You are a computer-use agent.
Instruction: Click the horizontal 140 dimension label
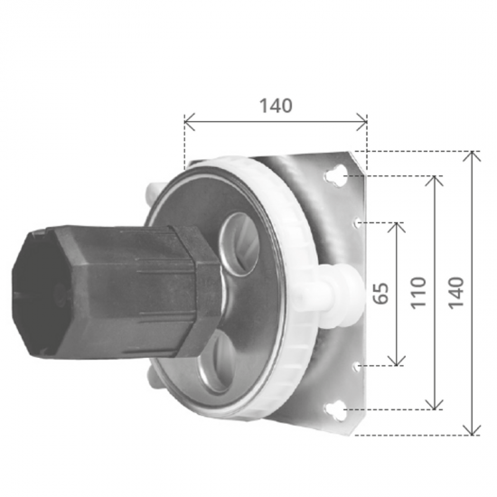pyautogui.click(x=276, y=105)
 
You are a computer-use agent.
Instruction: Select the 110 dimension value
pyautogui.click(x=417, y=292)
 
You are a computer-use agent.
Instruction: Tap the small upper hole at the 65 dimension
pyautogui.click(x=359, y=220)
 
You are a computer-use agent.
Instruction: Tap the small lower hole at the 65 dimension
pyautogui.click(x=359, y=365)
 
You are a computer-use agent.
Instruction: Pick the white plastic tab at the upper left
pyautogui.click(x=152, y=192)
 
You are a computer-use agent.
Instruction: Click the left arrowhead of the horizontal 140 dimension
pyautogui.click(x=187, y=120)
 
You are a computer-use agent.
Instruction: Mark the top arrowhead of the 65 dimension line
pyautogui.click(x=396, y=224)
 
